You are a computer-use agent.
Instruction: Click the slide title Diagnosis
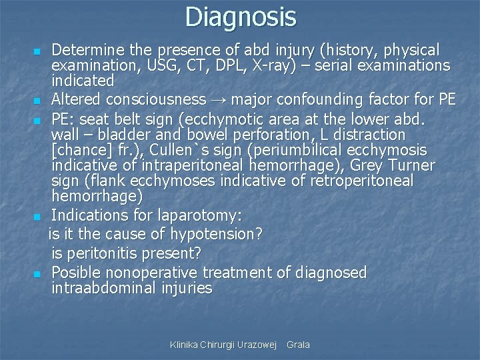240,17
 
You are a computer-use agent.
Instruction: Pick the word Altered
75,100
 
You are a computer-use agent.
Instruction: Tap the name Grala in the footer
298,345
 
